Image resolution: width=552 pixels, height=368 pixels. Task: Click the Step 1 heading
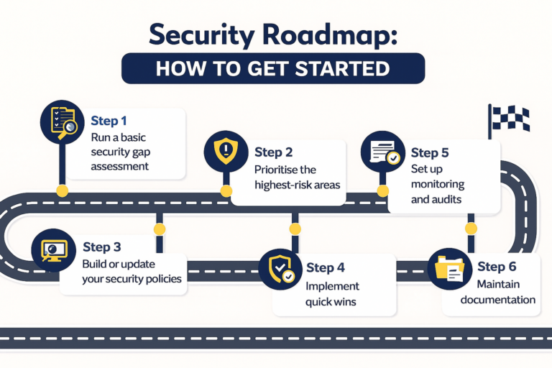pos(109,121)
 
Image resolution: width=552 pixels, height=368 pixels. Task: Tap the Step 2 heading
pos(272,152)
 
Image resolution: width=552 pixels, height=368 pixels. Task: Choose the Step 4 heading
pos(326,267)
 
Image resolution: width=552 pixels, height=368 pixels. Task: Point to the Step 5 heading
pos(429,152)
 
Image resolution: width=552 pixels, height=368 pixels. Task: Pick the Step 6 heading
pos(496,267)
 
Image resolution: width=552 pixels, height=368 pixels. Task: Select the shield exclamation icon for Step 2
pos(224,152)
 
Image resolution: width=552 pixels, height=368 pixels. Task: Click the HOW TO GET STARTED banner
pos(272,68)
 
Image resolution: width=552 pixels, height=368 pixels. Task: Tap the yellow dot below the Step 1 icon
pos(63,190)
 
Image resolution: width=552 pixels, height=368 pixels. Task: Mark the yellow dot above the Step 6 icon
pos(471,229)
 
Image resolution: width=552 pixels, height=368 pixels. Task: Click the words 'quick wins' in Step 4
pos(331,302)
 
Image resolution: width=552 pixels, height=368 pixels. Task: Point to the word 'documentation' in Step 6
pos(499,300)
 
